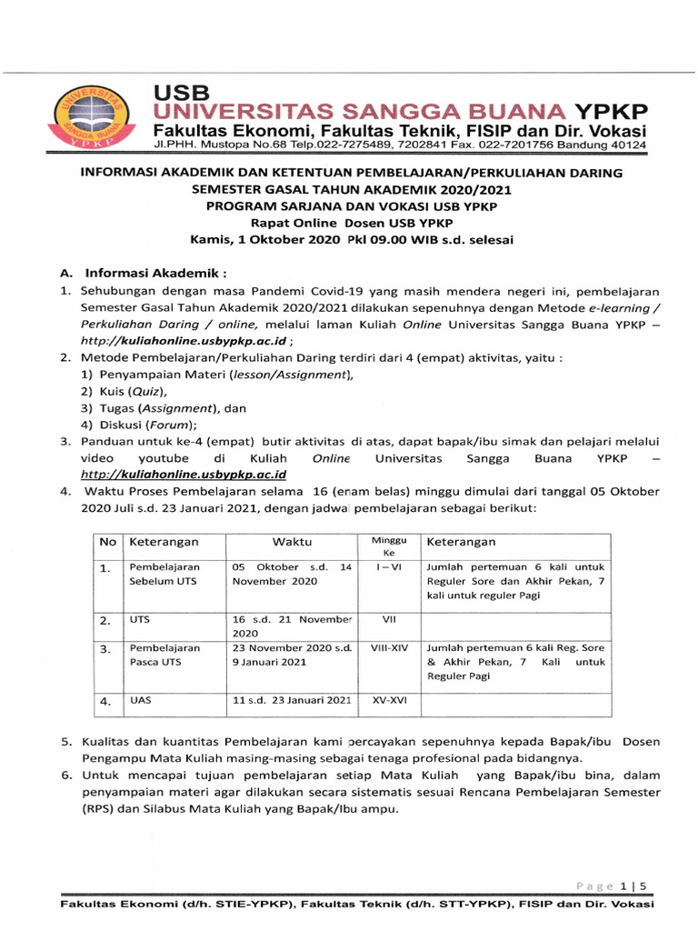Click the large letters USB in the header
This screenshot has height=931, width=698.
tap(181, 93)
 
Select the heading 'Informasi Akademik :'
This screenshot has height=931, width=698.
tap(155, 273)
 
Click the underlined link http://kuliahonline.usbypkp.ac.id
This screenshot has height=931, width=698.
tap(184, 475)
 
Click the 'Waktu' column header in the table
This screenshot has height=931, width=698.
tap(292, 542)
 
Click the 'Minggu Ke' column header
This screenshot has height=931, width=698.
tap(389, 546)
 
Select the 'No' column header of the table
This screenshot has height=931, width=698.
tap(107, 542)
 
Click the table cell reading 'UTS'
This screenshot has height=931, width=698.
tap(140, 620)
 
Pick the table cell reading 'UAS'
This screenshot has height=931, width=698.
tap(140, 701)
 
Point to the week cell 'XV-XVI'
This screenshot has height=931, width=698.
tap(389, 701)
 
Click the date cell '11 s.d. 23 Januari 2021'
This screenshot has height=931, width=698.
tap(292, 701)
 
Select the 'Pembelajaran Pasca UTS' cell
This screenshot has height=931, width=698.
tap(165, 656)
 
